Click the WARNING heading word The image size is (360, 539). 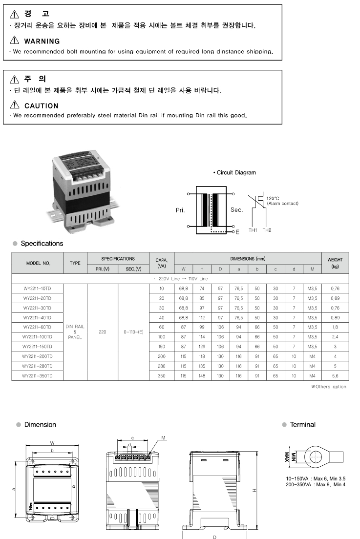click(x=42, y=41)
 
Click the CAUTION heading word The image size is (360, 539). click(x=41, y=105)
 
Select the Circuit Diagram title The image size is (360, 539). click(x=234, y=172)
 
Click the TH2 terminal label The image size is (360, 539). click(x=267, y=230)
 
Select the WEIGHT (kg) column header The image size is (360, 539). click(x=335, y=263)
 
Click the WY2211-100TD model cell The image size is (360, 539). click(x=37, y=337)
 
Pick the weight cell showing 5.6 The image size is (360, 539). click(x=335, y=376)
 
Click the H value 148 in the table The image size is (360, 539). click(x=202, y=376)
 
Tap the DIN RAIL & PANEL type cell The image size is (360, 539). click(x=75, y=332)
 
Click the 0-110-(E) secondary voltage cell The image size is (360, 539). click(x=133, y=332)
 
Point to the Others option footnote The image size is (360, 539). click(x=328, y=387)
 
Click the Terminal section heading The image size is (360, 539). click(x=302, y=425)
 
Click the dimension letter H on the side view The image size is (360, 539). click(x=254, y=491)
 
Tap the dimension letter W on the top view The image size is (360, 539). click(x=52, y=443)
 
